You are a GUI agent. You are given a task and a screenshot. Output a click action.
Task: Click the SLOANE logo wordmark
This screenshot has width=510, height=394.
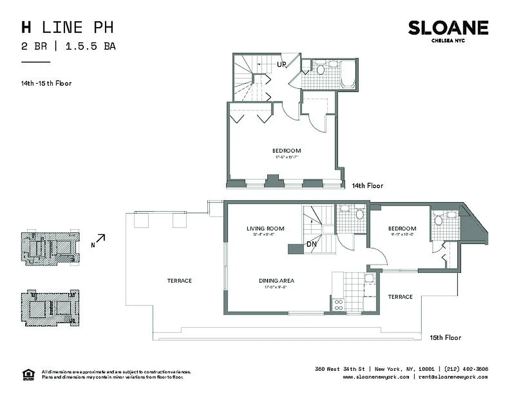[x=448, y=28]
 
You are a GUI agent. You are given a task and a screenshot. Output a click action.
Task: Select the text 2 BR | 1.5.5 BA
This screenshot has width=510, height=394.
[x=68, y=47]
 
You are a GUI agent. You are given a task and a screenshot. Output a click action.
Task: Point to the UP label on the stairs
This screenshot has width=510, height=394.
[x=281, y=65]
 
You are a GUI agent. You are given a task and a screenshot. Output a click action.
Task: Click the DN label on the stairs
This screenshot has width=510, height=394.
[x=311, y=244]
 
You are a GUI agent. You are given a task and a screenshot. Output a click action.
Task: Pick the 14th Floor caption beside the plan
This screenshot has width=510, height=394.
[x=367, y=186]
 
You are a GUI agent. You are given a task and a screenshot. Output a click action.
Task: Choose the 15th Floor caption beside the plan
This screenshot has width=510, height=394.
[x=445, y=337]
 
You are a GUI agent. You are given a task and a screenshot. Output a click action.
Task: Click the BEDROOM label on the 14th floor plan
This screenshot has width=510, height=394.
[x=286, y=151]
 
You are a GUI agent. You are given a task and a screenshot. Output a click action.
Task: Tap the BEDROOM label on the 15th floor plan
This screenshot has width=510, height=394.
[x=402, y=229]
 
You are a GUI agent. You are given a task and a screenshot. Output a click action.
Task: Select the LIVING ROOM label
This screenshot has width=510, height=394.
[x=266, y=229]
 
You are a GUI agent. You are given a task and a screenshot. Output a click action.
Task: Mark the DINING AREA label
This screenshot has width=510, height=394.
[x=276, y=281]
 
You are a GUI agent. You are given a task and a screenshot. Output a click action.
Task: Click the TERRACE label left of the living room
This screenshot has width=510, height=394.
[x=179, y=281]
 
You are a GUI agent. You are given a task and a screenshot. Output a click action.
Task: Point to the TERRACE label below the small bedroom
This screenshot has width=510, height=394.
[x=400, y=297]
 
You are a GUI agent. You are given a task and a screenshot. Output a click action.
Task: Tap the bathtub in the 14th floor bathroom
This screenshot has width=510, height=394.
[x=348, y=74]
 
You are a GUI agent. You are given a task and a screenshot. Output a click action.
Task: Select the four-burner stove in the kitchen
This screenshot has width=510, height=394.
[x=339, y=305]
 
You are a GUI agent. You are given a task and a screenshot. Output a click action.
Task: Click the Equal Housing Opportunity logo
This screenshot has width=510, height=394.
[x=29, y=374]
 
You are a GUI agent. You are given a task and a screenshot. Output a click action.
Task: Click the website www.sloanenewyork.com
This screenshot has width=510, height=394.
[x=376, y=377]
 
